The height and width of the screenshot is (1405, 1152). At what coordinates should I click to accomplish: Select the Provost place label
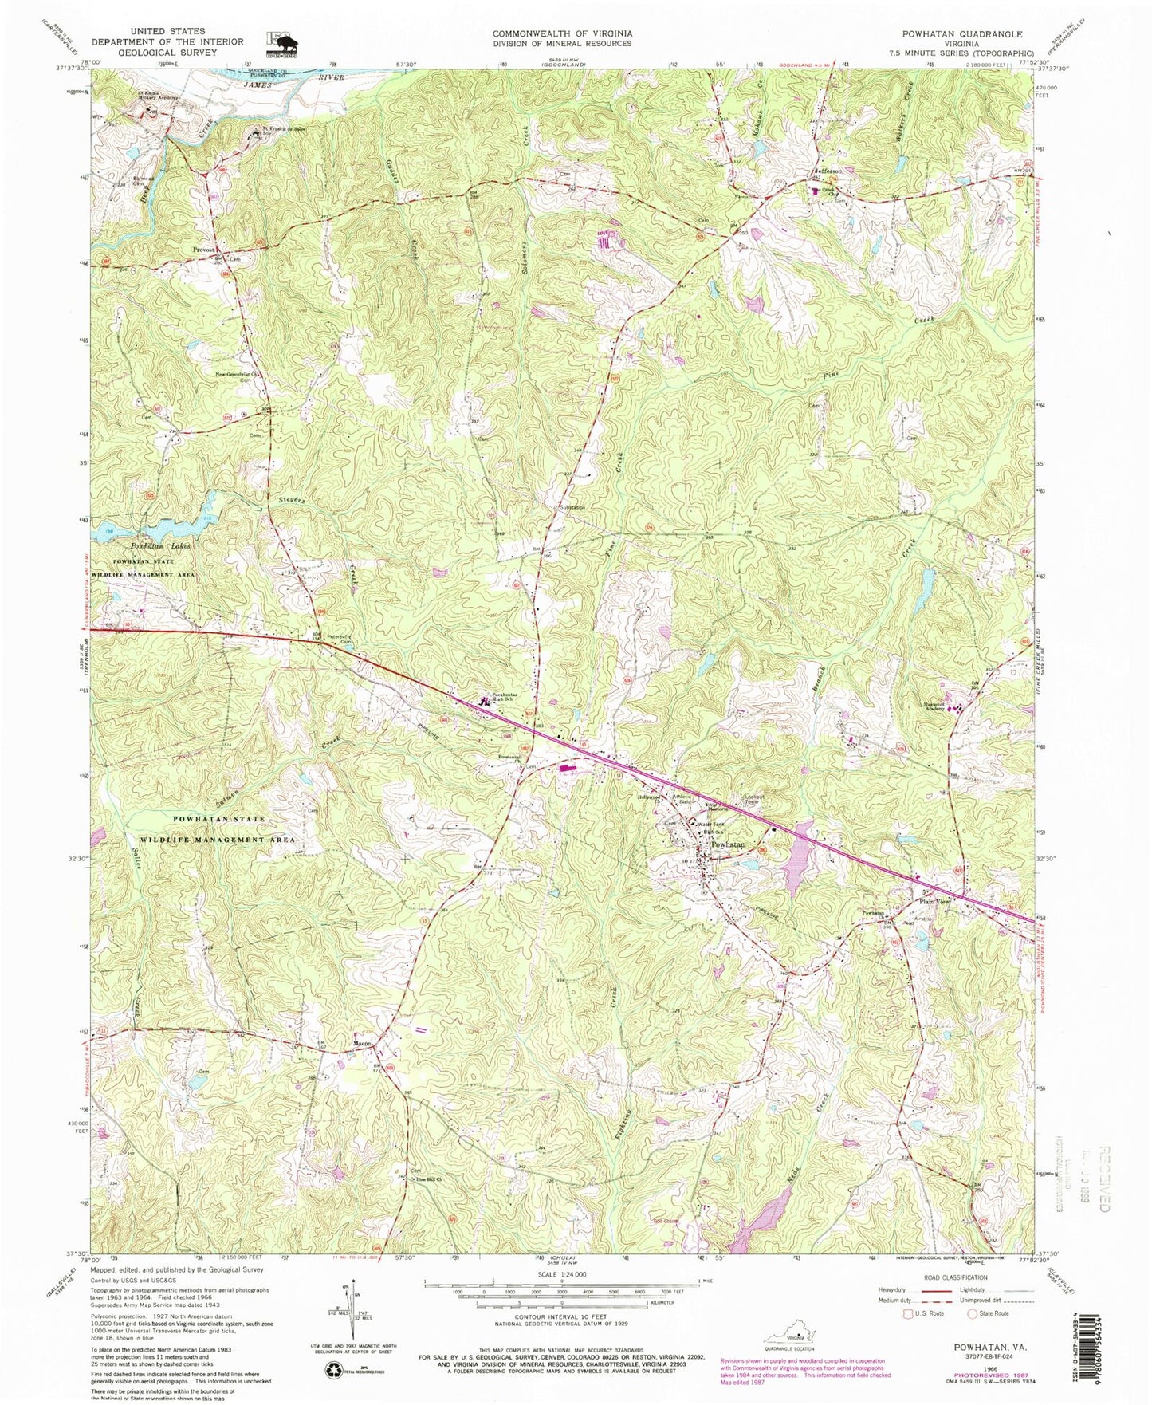(205, 249)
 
